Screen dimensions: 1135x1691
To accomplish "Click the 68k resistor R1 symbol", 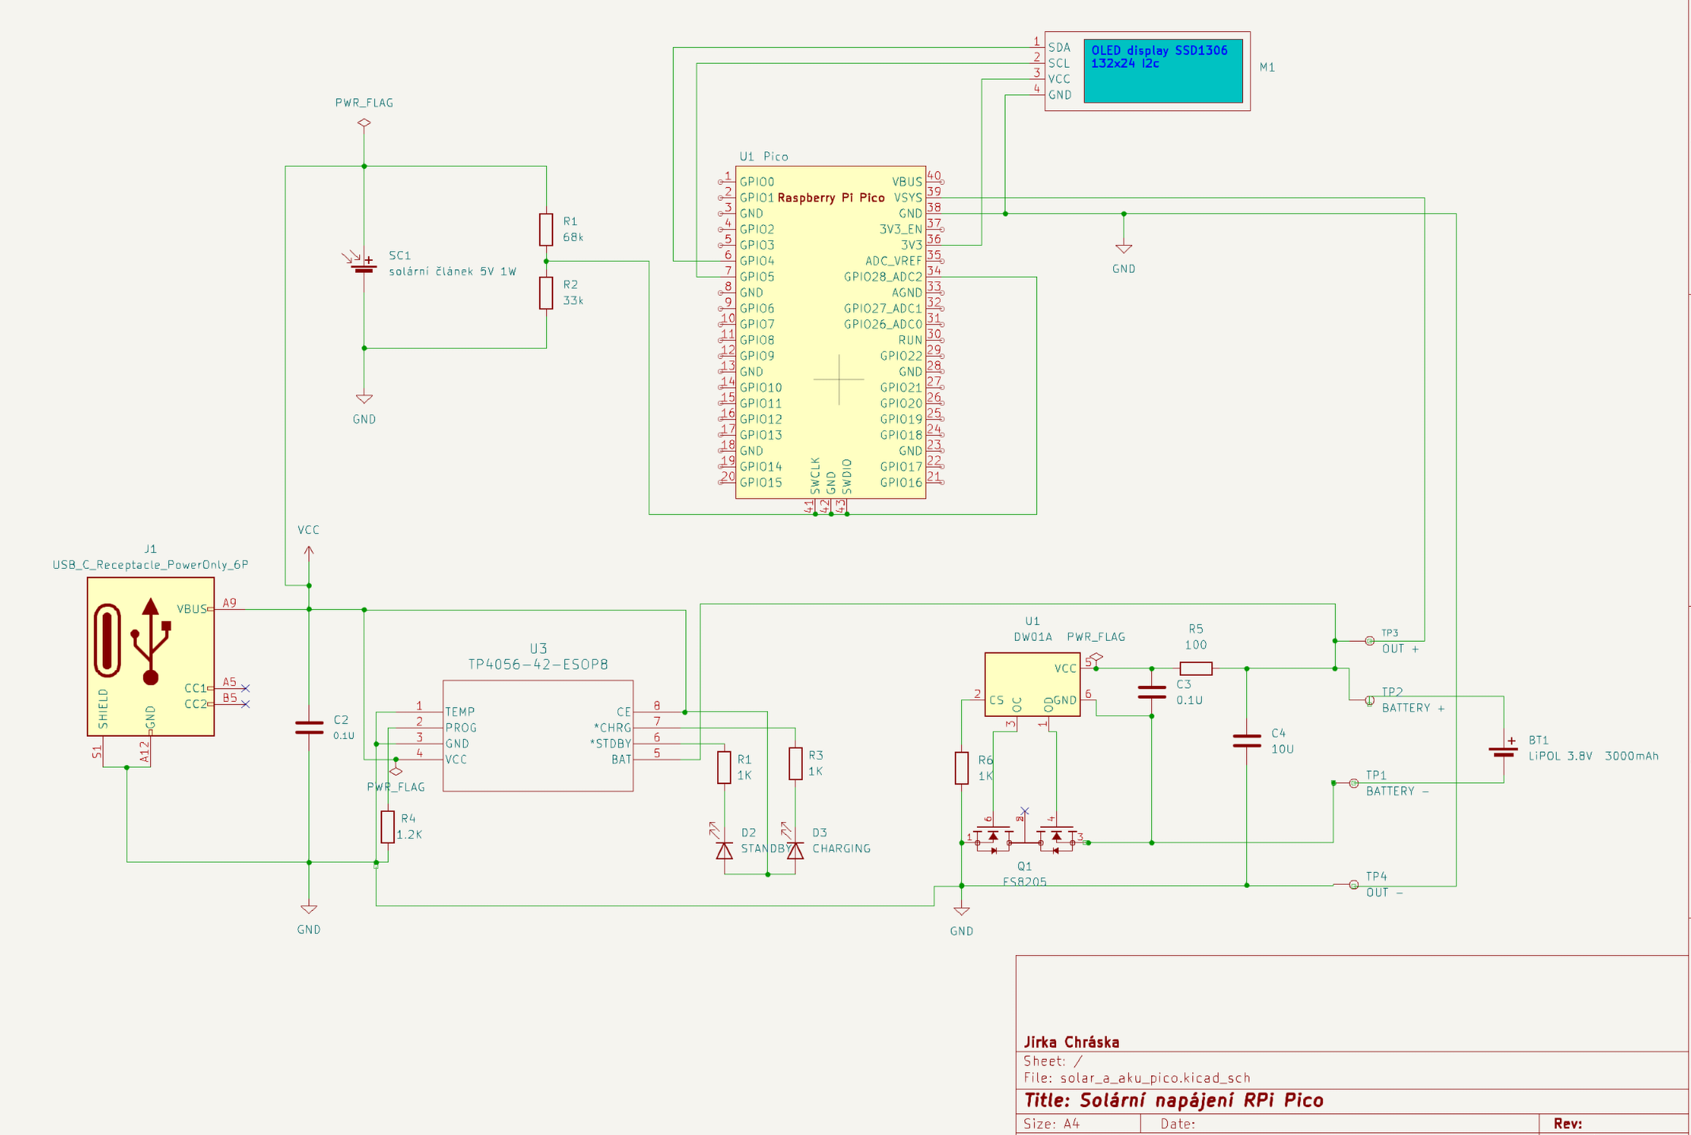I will (x=546, y=229).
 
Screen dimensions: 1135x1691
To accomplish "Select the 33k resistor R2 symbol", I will (x=546, y=293).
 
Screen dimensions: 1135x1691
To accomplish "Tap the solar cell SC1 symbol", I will (x=364, y=267).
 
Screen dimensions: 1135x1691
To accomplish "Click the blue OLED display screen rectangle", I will (x=1163, y=71).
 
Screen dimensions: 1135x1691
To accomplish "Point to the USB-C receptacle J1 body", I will (x=150, y=657).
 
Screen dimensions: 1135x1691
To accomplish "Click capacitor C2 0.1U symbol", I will (x=309, y=728).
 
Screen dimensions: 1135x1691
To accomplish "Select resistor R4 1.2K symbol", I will (x=387, y=827).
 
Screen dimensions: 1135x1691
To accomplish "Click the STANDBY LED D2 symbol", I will (x=724, y=850).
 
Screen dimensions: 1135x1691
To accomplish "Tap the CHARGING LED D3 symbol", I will (x=795, y=850).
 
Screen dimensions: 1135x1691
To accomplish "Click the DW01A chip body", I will (x=1031, y=684).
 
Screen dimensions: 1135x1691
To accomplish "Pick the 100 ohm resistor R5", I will (x=1195, y=668).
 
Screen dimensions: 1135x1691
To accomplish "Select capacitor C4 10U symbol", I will (x=1246, y=740).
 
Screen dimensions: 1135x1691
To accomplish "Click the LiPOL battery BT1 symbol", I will (x=1503, y=751).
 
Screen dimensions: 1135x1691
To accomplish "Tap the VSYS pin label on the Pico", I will (x=908, y=198).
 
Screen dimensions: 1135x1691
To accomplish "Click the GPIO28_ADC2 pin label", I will (x=883, y=277).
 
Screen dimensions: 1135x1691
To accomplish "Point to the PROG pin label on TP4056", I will (x=461, y=728).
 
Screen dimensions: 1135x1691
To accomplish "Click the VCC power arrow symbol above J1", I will (x=309, y=553).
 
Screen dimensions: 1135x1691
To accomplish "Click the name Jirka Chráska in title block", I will (x=1071, y=1043).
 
